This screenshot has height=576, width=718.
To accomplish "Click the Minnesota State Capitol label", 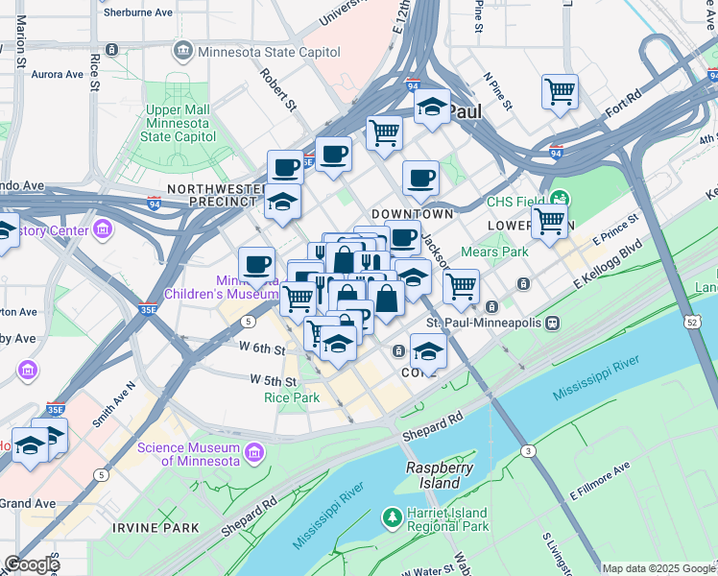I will click(x=268, y=50).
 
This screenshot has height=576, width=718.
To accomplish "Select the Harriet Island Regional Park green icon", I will click(x=392, y=518).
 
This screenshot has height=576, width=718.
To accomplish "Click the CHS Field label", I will click(x=515, y=202).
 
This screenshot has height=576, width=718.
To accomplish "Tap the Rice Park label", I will click(x=291, y=396).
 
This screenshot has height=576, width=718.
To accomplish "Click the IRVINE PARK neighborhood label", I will click(x=156, y=528).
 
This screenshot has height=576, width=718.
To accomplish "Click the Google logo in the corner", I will click(x=32, y=564).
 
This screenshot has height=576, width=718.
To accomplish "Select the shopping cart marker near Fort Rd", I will click(x=560, y=92).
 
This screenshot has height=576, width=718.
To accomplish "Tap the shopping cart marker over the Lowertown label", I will click(x=549, y=220).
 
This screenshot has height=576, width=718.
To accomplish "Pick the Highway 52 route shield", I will click(x=692, y=323).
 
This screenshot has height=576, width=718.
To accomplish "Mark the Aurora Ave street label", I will click(x=57, y=74).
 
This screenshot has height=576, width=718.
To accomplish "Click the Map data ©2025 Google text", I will click(x=658, y=568).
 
